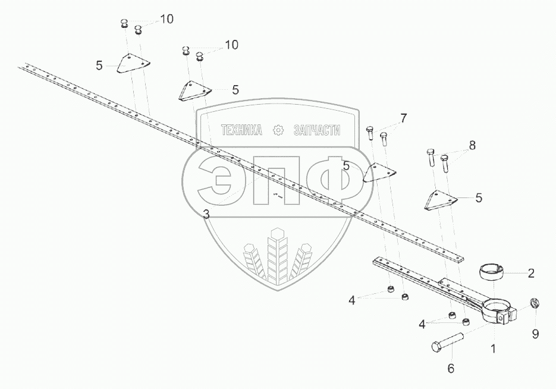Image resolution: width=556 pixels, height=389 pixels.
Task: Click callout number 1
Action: tap(493, 348)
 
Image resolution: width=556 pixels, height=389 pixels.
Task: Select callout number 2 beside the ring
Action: tap(531, 274)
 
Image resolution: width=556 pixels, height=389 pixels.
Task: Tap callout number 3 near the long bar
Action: tap(206, 214)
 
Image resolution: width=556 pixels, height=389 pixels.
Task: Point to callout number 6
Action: tap(450, 369)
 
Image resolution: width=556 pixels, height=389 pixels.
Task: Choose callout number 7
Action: tap(403, 118)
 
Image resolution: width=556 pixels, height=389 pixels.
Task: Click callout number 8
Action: tap(472, 145)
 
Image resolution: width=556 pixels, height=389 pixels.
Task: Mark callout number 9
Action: tap(535, 334)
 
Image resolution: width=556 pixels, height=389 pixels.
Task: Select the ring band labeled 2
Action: tap(492, 273)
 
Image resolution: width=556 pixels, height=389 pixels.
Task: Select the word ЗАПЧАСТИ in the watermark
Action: tap(317, 130)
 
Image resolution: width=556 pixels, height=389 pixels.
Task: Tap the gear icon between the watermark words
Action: tap(278, 130)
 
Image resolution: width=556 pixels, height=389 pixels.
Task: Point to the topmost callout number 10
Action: tap(167, 19)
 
